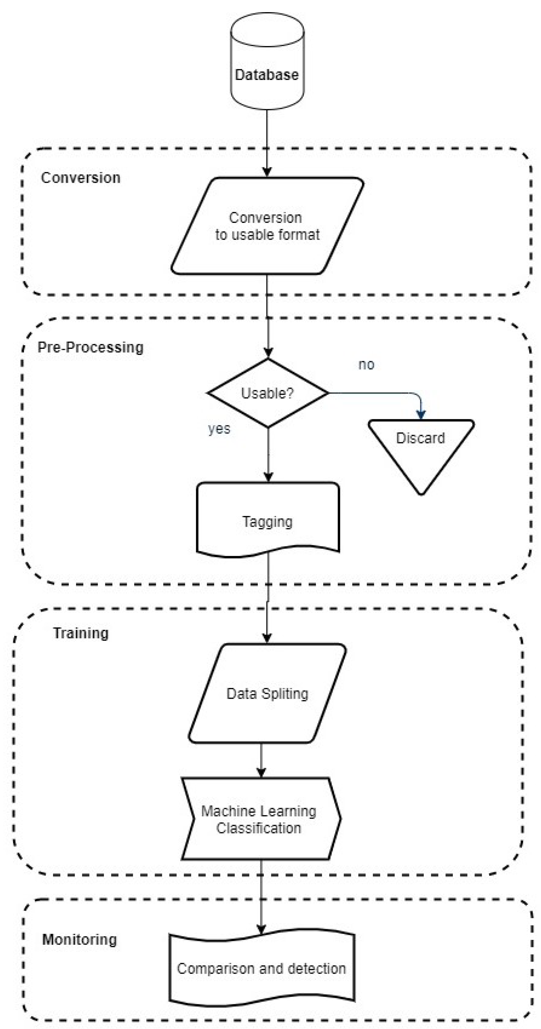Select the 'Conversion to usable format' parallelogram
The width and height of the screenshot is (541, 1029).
pos(267,226)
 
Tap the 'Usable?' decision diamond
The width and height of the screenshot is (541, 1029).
pos(268,393)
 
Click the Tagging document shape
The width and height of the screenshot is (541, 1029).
pos(268,519)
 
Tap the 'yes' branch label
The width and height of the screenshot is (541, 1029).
pos(219,429)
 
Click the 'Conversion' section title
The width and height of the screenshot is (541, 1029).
pos(81,178)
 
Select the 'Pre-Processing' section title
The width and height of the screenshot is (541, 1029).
pos(90,347)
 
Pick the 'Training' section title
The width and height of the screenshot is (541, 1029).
pos(81,633)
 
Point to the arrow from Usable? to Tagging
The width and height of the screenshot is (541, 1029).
pos(268,453)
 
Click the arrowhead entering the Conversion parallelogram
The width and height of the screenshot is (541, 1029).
pos(267,172)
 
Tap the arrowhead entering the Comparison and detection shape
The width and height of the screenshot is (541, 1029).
pos(261,929)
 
